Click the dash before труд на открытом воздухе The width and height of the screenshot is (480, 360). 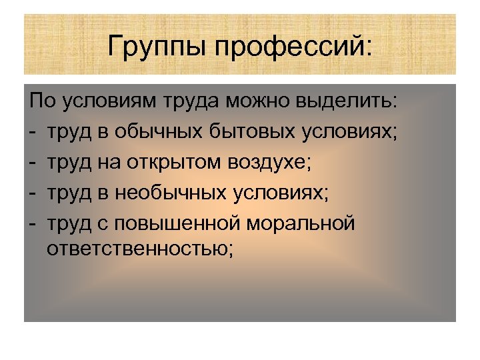coord(33,162)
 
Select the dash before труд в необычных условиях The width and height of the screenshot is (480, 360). coord(33,192)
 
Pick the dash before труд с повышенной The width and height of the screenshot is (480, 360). coord(33,222)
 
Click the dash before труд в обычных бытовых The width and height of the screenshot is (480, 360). coord(33,132)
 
